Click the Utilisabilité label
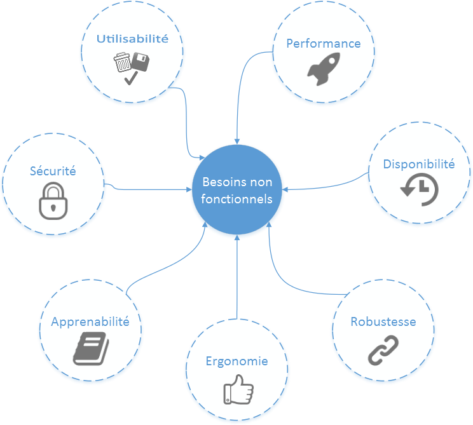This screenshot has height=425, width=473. [132, 39]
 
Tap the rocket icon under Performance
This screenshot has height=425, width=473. [323, 69]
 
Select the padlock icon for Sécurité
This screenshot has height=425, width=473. [53, 202]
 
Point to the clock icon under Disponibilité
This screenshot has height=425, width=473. [419, 189]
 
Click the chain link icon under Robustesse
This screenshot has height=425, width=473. [383, 350]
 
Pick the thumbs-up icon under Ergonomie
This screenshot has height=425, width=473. [238, 389]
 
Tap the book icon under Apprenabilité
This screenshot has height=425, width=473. [90, 348]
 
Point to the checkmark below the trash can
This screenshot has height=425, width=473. [130, 79]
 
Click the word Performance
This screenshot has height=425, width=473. [323, 44]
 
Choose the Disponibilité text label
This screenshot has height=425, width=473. [419, 164]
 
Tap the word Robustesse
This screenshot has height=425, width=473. [383, 321]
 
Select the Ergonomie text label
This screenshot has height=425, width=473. [236, 361]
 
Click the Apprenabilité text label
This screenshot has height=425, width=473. [90, 321]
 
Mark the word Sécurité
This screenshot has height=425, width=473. [53, 171]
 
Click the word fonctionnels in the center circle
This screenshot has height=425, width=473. [237, 199]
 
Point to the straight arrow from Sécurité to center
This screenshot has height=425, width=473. [153, 189]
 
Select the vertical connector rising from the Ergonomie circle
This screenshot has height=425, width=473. [236, 280]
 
